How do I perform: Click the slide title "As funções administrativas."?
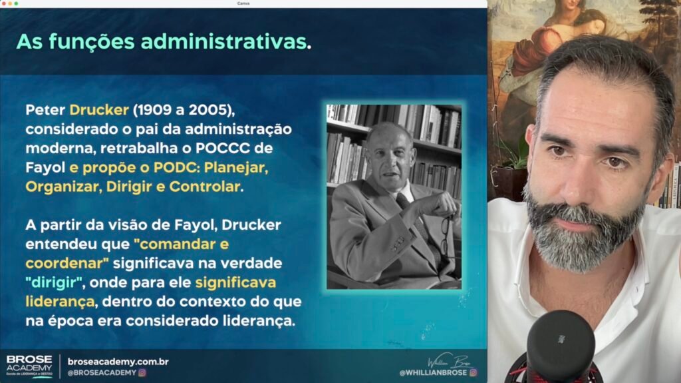[164, 42]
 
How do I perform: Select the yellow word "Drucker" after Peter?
[99, 110]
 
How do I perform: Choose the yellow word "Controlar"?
[205, 187]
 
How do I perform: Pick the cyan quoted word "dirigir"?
[55, 283]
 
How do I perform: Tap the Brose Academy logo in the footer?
[29, 366]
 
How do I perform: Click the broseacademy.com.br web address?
[118, 362]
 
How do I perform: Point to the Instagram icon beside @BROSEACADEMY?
[142, 373]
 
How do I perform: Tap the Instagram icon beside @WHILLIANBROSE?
[473, 372]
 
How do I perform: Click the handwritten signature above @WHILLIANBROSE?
[450, 361]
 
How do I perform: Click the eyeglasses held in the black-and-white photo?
[446, 235]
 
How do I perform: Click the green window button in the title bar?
[16, 3]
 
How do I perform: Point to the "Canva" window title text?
[243, 3]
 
